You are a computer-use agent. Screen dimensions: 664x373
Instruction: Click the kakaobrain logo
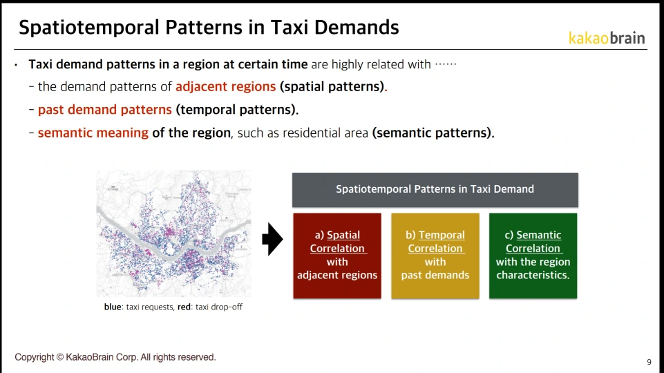pyautogui.click(x=607, y=38)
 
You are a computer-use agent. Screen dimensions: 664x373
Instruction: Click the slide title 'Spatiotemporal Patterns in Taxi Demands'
pyautogui.click(x=209, y=28)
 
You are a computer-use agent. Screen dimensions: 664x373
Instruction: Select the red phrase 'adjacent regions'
pyautogui.click(x=226, y=86)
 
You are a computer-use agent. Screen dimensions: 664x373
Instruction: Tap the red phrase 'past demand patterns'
pyautogui.click(x=104, y=110)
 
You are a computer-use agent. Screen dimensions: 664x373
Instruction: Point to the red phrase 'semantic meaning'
pyautogui.click(x=93, y=133)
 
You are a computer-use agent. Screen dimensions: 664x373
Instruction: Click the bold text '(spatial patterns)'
pyautogui.click(x=332, y=87)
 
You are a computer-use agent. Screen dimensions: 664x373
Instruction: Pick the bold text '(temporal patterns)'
pyautogui.click(x=236, y=110)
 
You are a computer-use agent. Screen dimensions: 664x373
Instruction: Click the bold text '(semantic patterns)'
pyautogui.click(x=432, y=133)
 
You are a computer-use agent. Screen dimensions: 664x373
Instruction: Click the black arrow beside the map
pyautogui.click(x=272, y=239)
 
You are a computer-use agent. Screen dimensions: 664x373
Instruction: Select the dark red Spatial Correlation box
pyautogui.click(x=337, y=256)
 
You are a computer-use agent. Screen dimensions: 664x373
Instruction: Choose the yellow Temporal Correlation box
pyautogui.click(x=435, y=256)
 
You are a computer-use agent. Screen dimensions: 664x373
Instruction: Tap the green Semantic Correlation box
pyautogui.click(x=533, y=256)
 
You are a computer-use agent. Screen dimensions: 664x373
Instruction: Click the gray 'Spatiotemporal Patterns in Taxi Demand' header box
pyautogui.click(x=435, y=190)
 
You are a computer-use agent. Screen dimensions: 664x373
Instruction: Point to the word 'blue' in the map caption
pyautogui.click(x=113, y=307)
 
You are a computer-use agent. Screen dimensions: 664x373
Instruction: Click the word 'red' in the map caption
pyautogui.click(x=184, y=307)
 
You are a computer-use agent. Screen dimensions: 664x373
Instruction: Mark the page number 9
pyautogui.click(x=649, y=362)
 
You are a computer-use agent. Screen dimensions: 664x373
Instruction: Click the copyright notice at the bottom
pyautogui.click(x=115, y=357)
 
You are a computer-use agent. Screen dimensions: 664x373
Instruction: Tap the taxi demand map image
pyautogui.click(x=173, y=233)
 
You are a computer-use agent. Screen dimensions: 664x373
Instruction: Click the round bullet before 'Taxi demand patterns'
pyautogui.click(x=16, y=65)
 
